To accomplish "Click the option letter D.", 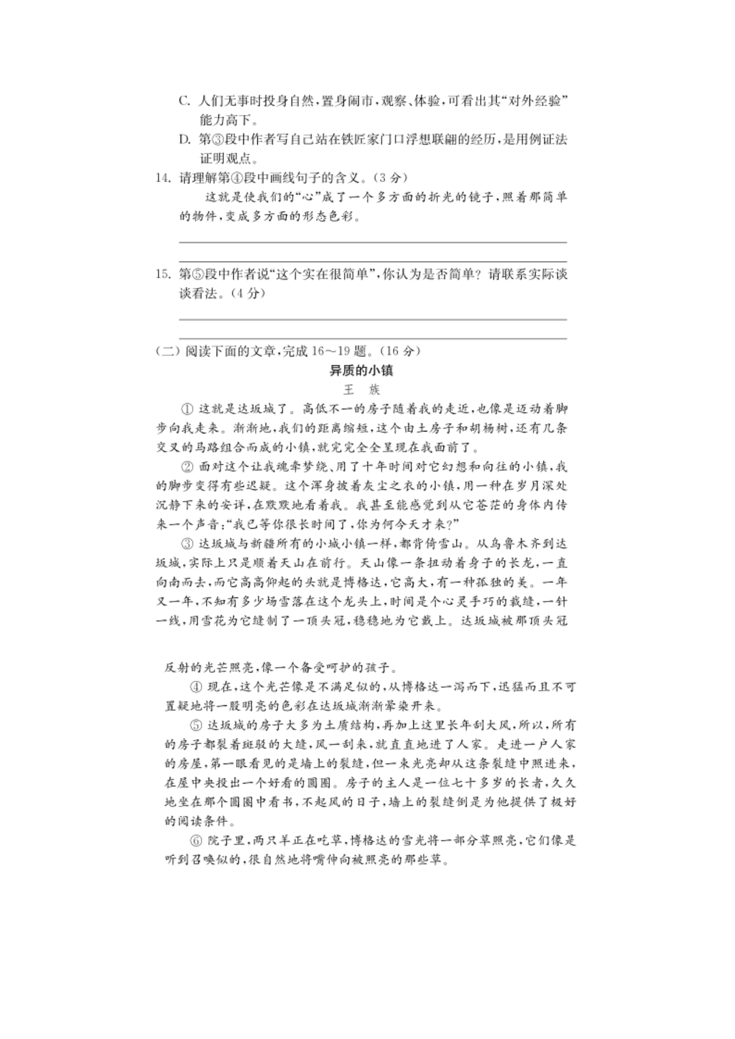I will coord(184,139).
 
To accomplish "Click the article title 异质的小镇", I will coord(362,370).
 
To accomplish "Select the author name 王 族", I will coord(362,390).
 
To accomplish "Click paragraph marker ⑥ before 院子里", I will coord(196,841).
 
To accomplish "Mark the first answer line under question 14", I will coord(372,242).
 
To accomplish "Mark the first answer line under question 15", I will coord(372,319).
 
